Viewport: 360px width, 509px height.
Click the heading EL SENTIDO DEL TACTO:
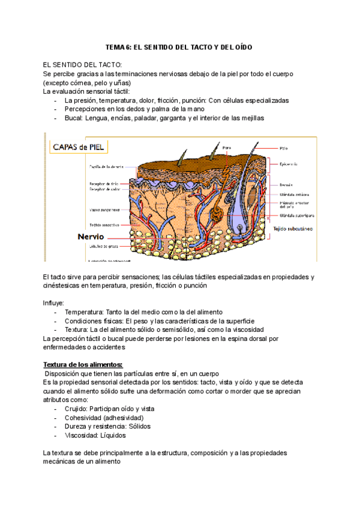[x=82, y=65]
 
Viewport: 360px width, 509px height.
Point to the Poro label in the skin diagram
[x=226, y=146]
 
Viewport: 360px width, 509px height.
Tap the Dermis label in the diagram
[x=286, y=185]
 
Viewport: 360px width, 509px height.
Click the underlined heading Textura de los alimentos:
[x=83, y=364]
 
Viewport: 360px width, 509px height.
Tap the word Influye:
[x=54, y=303]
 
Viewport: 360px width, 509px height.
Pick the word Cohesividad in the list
[x=84, y=418]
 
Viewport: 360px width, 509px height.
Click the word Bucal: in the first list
[x=74, y=118]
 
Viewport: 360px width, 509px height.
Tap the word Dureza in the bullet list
[x=77, y=427]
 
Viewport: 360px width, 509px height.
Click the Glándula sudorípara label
[x=297, y=215]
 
